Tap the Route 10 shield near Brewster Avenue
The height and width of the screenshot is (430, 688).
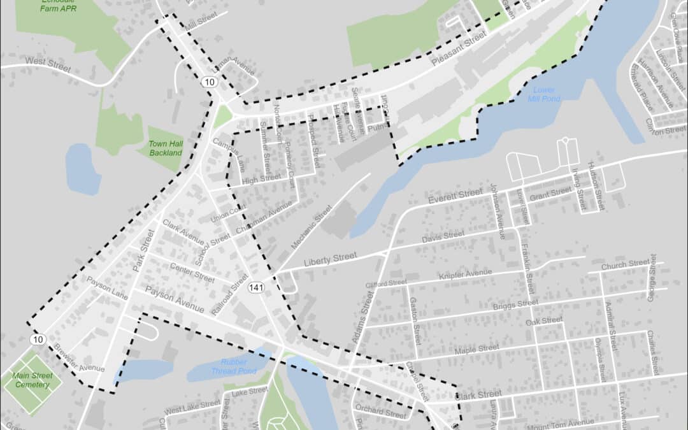pyautogui.click(x=38, y=340)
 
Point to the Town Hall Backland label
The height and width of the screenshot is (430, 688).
pyautogui.click(x=166, y=148)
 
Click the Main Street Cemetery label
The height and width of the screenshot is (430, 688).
pyautogui.click(x=32, y=380)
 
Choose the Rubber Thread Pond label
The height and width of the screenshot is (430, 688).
pyautogui.click(x=234, y=367)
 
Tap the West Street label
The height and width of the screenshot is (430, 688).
pyautogui.click(x=47, y=62)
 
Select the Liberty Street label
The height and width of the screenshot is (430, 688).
pyautogui.click(x=330, y=259)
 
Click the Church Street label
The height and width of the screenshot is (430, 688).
pyautogui.click(x=626, y=264)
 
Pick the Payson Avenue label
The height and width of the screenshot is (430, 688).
pyautogui.click(x=175, y=299)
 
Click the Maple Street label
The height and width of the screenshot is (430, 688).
pyautogui.click(x=477, y=349)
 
